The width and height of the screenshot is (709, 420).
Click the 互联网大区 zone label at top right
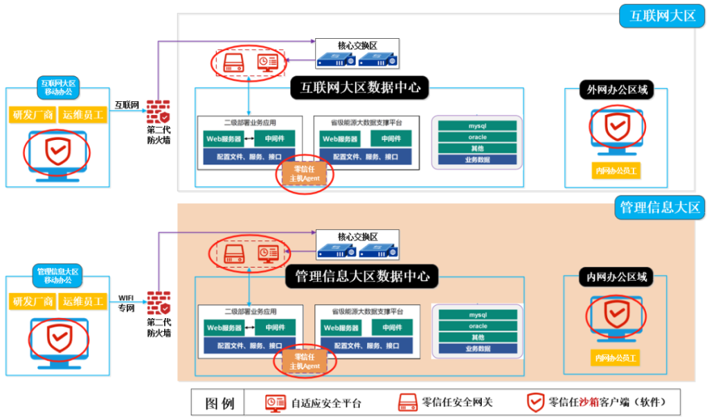coord(662,16)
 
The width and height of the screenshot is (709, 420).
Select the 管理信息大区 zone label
coord(661,207)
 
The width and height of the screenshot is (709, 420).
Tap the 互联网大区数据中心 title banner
coord(359,88)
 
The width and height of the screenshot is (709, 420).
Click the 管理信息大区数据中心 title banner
coord(362,277)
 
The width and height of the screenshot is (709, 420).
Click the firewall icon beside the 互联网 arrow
coord(159,112)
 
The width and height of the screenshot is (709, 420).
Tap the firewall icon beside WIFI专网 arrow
coord(159,303)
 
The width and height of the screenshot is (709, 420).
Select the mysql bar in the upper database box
coord(478,126)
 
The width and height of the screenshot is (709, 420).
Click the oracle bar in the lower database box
coord(478,326)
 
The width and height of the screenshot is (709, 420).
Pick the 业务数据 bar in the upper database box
coord(478,159)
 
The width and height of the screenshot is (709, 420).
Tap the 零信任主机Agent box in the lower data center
coord(305,361)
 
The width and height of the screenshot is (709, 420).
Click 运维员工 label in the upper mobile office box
coord(82,115)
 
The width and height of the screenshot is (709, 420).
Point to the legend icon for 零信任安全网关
coord(406,402)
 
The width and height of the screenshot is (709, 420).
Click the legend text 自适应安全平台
coord(325,403)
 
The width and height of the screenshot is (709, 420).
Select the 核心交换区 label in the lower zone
coord(357,237)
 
